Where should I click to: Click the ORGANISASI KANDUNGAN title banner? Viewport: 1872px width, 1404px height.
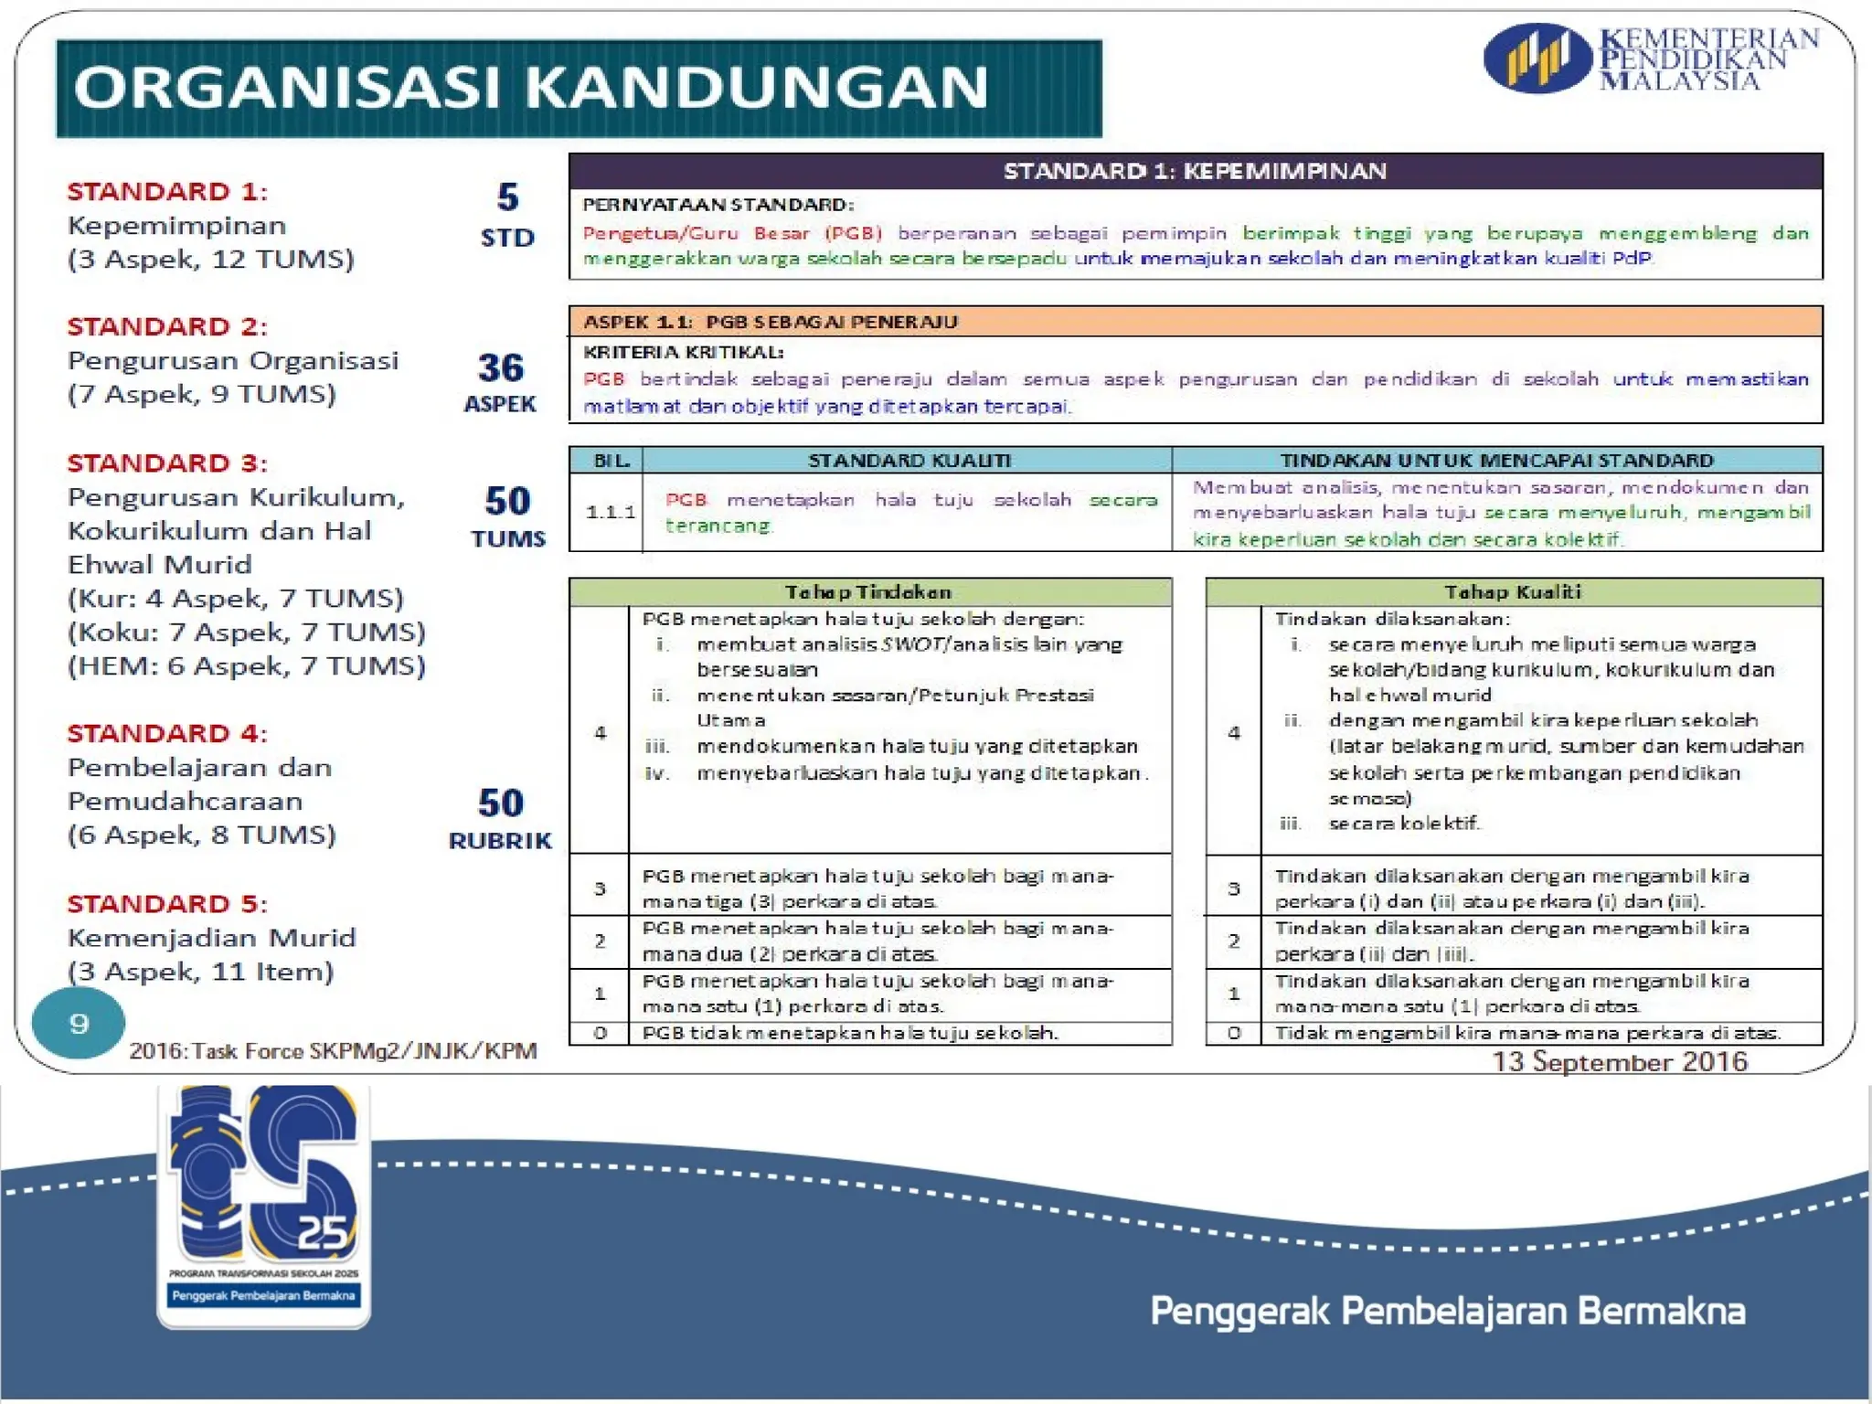[x=579, y=89]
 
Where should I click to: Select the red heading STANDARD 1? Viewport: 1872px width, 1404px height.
[x=167, y=192]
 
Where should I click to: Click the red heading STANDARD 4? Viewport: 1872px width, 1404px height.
[x=167, y=733]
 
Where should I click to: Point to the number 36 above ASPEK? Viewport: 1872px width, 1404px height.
[x=500, y=367]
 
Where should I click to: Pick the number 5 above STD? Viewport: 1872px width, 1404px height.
[x=507, y=197]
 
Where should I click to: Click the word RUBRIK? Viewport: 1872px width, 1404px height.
[x=500, y=841]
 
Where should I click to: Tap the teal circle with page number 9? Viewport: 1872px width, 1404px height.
[x=79, y=1023]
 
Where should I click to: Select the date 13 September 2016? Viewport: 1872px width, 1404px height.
[x=1619, y=1061]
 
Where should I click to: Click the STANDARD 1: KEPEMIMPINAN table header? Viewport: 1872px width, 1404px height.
[x=1195, y=171]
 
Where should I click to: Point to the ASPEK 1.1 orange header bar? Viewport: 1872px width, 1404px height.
[x=1195, y=322]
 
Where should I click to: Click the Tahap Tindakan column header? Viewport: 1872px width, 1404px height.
[x=868, y=591]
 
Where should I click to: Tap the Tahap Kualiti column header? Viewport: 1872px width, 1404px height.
[x=1512, y=591]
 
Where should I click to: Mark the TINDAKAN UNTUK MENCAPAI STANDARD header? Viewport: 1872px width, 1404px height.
[x=1496, y=460]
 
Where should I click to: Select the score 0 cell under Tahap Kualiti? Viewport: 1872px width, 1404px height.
[x=1233, y=1033]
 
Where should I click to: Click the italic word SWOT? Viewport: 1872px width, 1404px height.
[x=913, y=644]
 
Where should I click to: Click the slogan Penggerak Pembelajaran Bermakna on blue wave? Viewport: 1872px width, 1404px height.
[x=1447, y=1311]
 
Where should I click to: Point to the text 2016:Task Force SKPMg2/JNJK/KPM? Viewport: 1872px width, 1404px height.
[x=333, y=1051]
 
